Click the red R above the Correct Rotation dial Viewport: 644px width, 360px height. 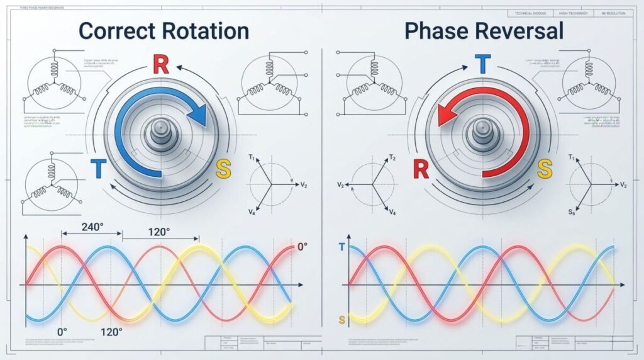[161, 65]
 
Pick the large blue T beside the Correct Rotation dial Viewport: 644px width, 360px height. [98, 168]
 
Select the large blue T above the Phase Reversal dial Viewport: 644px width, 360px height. [482, 65]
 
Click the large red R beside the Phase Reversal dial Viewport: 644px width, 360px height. [421, 168]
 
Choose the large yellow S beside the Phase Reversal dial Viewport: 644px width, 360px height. [545, 168]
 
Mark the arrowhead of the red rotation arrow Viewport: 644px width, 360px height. [445, 115]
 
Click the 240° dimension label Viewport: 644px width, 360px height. [92, 228]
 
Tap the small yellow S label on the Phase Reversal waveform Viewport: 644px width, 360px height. [341, 320]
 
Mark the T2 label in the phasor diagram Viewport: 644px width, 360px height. [392, 157]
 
